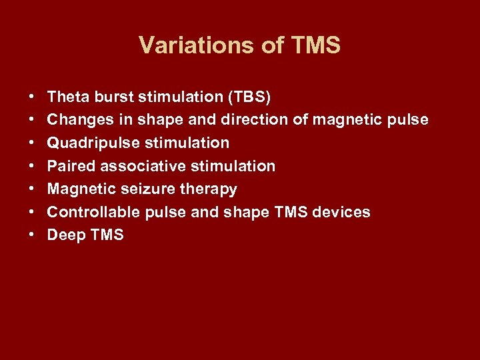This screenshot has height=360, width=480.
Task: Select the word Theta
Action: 69,97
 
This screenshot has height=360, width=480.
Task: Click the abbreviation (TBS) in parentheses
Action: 249,97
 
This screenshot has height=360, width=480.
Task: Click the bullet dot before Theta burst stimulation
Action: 33,97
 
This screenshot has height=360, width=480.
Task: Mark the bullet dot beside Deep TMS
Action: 33,235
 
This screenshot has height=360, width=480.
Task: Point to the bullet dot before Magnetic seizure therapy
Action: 33,189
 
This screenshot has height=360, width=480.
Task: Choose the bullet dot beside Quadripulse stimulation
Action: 33,143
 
